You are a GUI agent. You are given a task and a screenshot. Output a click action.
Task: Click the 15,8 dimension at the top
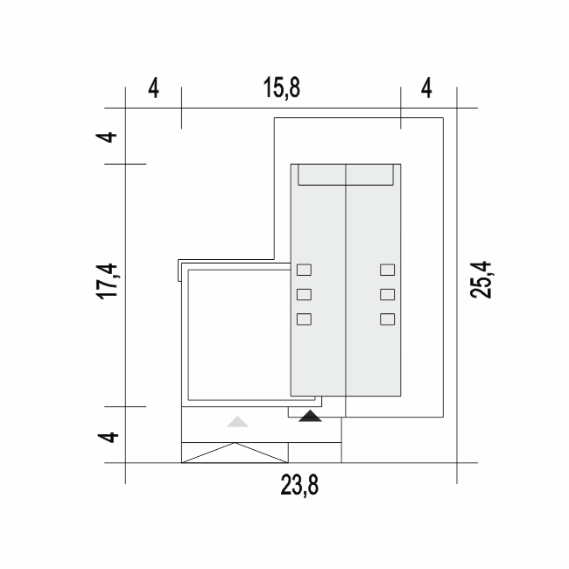282,88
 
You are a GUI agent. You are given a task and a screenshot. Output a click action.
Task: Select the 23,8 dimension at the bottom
299,485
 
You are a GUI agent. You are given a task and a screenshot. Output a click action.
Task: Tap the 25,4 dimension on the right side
481,280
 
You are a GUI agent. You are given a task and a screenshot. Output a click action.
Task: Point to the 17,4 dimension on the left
107,282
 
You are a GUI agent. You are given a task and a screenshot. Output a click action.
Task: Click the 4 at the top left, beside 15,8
153,88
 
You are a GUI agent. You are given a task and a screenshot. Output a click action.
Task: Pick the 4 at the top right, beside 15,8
427,88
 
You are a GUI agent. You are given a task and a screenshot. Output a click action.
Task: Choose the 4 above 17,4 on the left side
106,137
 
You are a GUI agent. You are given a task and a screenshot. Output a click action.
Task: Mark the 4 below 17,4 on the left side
109,438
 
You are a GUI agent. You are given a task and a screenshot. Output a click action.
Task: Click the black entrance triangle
310,416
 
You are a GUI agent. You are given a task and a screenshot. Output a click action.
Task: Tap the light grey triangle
237,422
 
